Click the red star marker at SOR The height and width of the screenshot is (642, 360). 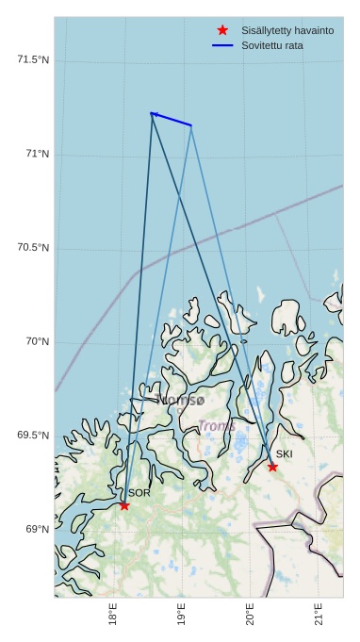click(123, 505)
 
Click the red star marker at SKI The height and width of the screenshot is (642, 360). click(272, 467)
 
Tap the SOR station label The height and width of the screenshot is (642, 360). click(139, 493)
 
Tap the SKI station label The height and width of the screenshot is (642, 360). click(284, 454)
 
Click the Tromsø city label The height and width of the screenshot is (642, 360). click(180, 401)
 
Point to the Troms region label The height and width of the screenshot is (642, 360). click(217, 426)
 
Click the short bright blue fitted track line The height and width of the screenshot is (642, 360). click(171, 119)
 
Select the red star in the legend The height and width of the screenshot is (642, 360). click(222, 30)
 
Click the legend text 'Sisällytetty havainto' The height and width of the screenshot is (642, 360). click(286, 30)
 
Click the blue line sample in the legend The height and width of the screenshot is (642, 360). click(222, 45)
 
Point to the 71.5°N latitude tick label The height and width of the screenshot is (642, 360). click(33, 59)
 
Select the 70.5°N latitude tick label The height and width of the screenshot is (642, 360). click(33, 247)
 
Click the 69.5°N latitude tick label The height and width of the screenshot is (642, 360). click(33, 435)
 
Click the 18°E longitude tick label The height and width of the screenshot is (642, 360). click(113, 615)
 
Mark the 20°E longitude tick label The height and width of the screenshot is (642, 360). click(250, 615)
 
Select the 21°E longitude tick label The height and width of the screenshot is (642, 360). click(319, 615)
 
